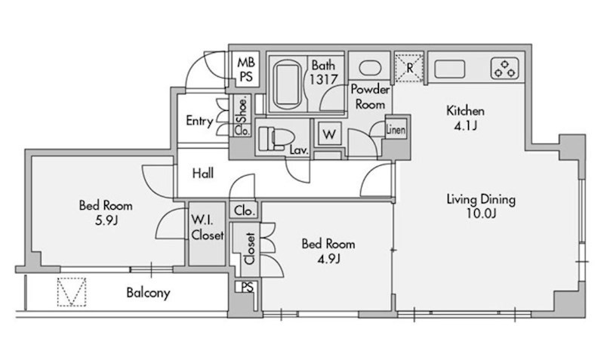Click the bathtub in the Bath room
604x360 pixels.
pyautogui.click(x=288, y=85)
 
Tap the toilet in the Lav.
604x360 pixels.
pyautogui.click(x=276, y=138)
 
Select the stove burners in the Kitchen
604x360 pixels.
pyautogui.click(x=504, y=69)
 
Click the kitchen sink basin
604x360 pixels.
pyautogui.click(x=449, y=69)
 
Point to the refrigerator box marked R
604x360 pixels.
pyautogui.click(x=409, y=68)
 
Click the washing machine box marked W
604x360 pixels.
pyautogui.click(x=329, y=134)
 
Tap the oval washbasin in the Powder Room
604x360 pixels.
pyautogui.click(x=370, y=68)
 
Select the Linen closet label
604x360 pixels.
pyautogui.click(x=396, y=129)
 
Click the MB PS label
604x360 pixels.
pyautogui.click(x=246, y=69)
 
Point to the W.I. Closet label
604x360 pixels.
pyautogui.click(x=207, y=227)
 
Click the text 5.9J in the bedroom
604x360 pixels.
pyautogui.click(x=106, y=220)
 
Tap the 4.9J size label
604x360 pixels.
pyautogui.click(x=328, y=259)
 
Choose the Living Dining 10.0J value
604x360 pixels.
pyautogui.click(x=481, y=213)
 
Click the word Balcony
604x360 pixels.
pyautogui.click(x=148, y=293)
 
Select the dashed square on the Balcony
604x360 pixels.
pyautogui.click(x=72, y=292)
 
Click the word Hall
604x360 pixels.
pyautogui.click(x=202, y=174)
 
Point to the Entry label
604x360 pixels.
pyautogui.click(x=199, y=121)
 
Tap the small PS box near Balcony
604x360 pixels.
pyautogui.click(x=247, y=288)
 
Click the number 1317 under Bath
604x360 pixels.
pyautogui.click(x=324, y=79)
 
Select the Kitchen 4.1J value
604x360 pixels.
pyautogui.click(x=465, y=126)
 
